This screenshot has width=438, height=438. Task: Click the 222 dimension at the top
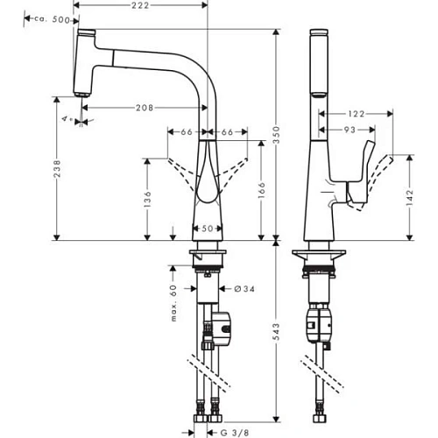coord(141,6)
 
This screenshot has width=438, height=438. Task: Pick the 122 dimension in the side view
coord(357,115)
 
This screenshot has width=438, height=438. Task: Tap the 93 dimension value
coord(349,131)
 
